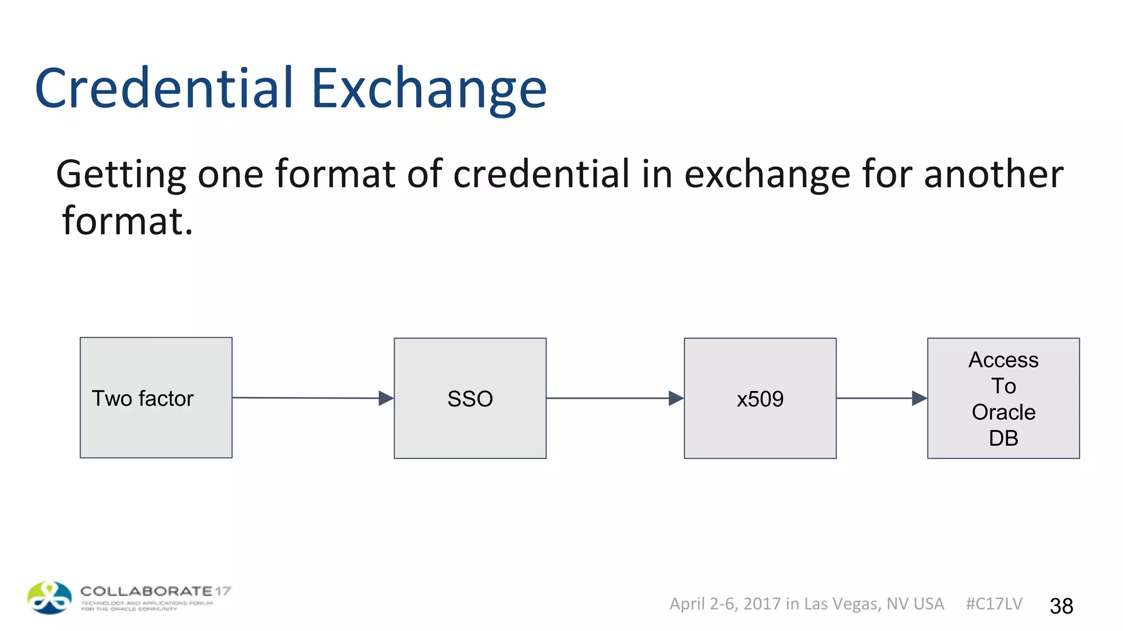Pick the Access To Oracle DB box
[x=1003, y=398]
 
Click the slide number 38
[x=1061, y=606]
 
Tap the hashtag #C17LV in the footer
[x=994, y=604]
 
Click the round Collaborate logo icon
[x=49, y=598]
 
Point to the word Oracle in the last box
[x=1003, y=412]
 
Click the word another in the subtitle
[x=994, y=174]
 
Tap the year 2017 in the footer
[x=762, y=604]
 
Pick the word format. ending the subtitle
[x=127, y=221]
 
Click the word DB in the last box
[x=1003, y=438]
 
